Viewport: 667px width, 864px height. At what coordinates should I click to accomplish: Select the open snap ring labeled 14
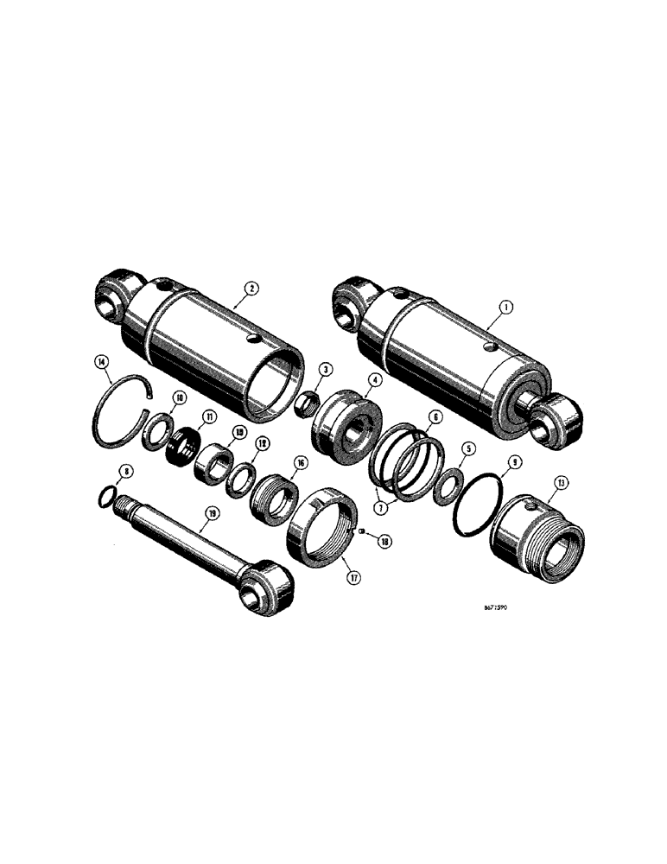click(120, 412)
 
